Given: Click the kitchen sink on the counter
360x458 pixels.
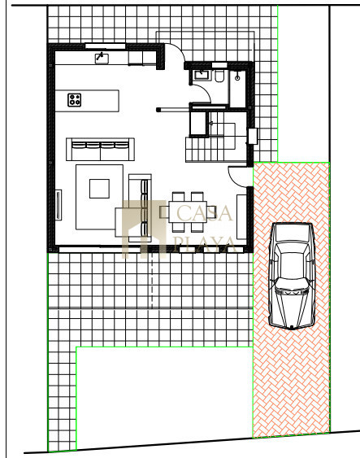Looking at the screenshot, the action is coord(102,59).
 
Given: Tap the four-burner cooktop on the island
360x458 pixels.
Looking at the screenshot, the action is coord(75,100).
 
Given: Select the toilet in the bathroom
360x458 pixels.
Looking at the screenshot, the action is coord(219,76).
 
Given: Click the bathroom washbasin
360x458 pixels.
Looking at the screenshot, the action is coord(202,75).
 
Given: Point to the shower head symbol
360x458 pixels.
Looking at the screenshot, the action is coord(237,77).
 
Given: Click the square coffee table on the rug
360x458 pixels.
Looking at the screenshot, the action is coord(99,189).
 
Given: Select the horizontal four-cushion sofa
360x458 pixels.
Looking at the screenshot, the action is coord(100,149).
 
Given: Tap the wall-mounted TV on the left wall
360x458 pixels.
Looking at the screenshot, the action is coord(59,205).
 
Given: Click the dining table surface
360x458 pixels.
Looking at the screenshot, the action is coord(188,212).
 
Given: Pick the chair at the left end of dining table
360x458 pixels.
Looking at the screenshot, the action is coord(164,212).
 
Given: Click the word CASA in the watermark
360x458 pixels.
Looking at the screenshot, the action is coord(204,212).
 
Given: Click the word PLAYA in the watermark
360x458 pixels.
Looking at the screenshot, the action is coord(204,244).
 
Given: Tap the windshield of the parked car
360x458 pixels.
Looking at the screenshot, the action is coord(291,284).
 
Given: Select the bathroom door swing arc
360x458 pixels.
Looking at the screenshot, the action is coord(205,89).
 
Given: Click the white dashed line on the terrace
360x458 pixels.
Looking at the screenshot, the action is coord(152,280).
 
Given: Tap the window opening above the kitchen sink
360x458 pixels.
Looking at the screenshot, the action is coord(106,46).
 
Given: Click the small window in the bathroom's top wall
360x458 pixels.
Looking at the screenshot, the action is coord(219,65).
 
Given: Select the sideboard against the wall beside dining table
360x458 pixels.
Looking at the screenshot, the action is coord(241,216).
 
